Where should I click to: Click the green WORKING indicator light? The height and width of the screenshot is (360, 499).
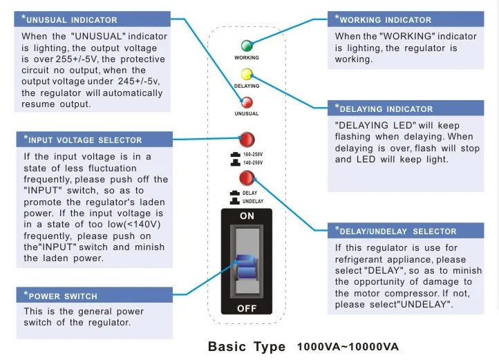click(246, 46)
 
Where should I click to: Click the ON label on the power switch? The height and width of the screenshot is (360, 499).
click(247, 216)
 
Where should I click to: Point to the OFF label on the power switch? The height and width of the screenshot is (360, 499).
click(247, 308)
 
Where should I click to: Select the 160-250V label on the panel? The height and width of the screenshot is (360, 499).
click(253, 154)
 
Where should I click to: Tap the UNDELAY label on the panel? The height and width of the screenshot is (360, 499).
click(253, 200)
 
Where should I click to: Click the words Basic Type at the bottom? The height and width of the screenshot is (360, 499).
click(247, 346)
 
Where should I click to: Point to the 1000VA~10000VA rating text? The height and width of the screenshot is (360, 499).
click(348, 347)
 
